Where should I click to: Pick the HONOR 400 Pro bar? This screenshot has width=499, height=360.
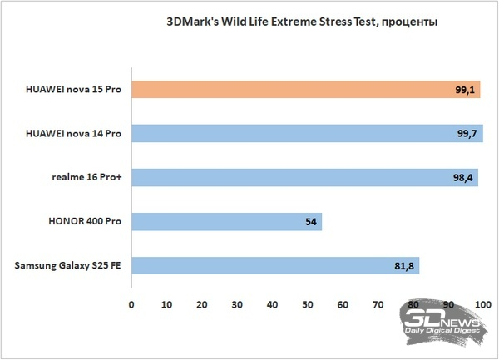coord(226,222)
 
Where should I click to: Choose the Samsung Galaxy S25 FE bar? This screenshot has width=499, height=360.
coord(275,266)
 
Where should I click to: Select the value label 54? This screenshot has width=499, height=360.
coord(309,222)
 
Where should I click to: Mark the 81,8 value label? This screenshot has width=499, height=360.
coord(404,266)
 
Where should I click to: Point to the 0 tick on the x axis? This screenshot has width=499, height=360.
coord(131,304)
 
